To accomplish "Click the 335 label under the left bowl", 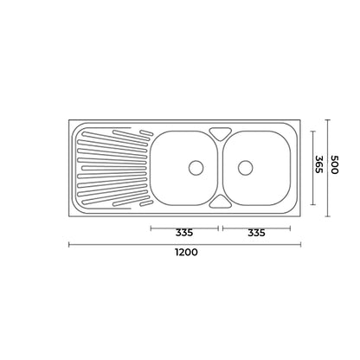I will [183, 232].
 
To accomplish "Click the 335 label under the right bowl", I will [256, 232].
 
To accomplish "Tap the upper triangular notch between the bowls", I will [222, 132].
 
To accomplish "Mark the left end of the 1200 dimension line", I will [70, 245].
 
